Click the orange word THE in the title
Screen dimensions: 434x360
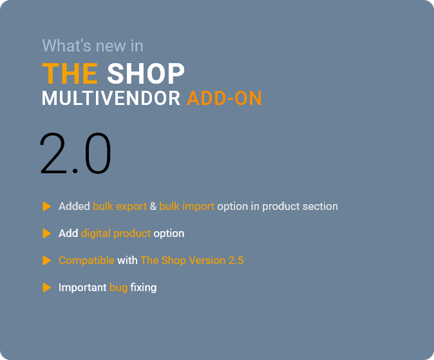tap(70, 73)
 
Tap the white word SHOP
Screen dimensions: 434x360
tap(146, 73)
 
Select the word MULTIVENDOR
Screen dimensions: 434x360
tap(111, 99)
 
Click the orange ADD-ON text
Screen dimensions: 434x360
tap(225, 99)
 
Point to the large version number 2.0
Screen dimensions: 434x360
tap(75, 153)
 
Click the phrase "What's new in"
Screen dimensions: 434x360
tap(93, 46)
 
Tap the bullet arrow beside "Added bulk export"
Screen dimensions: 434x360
tap(47, 206)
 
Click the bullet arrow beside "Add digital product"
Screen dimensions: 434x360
tap(47, 233)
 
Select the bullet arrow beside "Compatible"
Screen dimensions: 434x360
tap(47, 261)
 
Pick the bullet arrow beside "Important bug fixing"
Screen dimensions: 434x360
tap(47, 287)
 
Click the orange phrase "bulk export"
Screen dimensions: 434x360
tap(120, 207)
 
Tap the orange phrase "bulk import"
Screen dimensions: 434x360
tap(187, 207)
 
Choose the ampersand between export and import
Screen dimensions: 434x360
tap(153, 206)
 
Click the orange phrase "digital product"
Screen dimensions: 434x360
tap(116, 234)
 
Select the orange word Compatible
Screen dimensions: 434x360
tap(87, 261)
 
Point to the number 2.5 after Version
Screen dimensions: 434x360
tap(236, 261)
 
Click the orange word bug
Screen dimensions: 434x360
tap(118, 288)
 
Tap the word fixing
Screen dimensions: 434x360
tap(144, 288)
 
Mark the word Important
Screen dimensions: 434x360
tap(82, 288)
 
